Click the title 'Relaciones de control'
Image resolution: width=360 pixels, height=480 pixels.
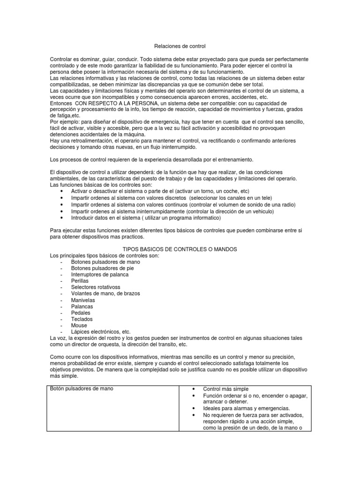[x=180, y=47]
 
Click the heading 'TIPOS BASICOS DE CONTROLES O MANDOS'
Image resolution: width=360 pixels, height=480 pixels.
[x=180, y=249]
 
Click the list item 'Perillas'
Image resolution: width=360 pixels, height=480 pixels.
[x=80, y=281]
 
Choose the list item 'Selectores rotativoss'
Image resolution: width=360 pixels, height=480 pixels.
[x=96, y=287]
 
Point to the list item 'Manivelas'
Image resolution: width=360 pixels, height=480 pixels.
[x=83, y=300]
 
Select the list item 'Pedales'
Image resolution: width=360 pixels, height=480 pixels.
[x=81, y=313]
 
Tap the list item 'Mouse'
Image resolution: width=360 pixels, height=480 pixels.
[x=79, y=325]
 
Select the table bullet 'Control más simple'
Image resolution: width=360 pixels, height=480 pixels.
[x=226, y=389]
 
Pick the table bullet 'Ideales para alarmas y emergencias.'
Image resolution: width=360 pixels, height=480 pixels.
[x=246, y=408]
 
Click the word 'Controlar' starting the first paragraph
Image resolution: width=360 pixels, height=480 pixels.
[x=61, y=60]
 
